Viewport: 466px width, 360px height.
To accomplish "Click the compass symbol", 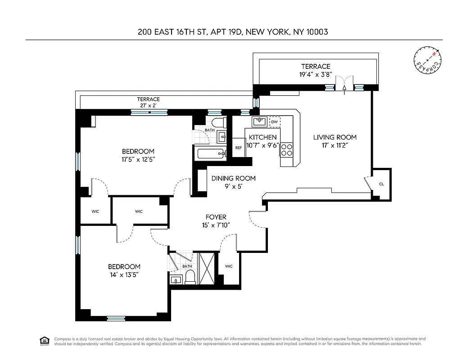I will (426, 60).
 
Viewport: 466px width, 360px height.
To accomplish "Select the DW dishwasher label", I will (274, 121).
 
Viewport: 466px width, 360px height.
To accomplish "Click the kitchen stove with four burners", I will (286, 149).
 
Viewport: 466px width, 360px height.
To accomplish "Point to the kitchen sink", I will (258, 121).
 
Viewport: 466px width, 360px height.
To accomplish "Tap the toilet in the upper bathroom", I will (218, 123).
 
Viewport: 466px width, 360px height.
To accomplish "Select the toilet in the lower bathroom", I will (190, 277).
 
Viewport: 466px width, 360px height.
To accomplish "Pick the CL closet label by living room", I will (381, 184).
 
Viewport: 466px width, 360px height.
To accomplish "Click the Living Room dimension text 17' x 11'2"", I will (335, 145).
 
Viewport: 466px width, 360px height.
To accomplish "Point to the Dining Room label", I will (233, 178).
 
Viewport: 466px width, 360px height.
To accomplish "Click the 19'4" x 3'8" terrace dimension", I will (316, 75).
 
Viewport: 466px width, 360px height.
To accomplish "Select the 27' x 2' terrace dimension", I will (148, 106).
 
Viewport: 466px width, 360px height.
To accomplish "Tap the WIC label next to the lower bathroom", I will (229, 266).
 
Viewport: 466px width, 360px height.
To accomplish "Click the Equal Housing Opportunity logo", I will (44, 341).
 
